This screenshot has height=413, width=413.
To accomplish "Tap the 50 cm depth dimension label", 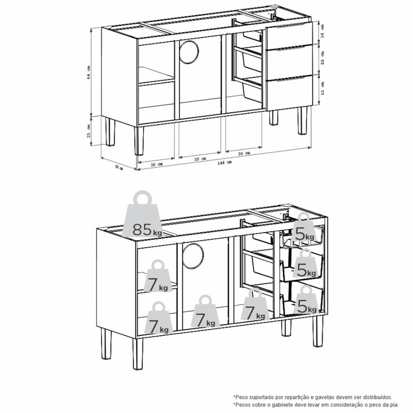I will (119, 167).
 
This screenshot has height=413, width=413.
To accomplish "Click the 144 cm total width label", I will (224, 163).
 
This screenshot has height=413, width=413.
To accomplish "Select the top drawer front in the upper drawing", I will (289, 36).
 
